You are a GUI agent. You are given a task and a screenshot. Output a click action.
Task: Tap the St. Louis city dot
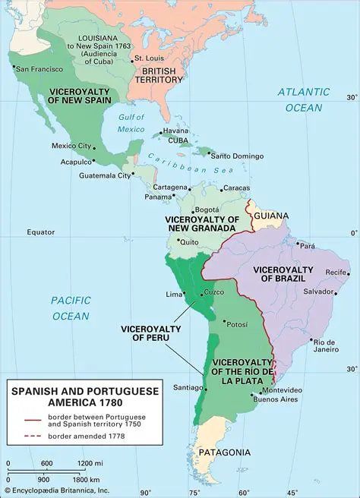131,59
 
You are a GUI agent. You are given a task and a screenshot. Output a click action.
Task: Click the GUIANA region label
271,216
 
